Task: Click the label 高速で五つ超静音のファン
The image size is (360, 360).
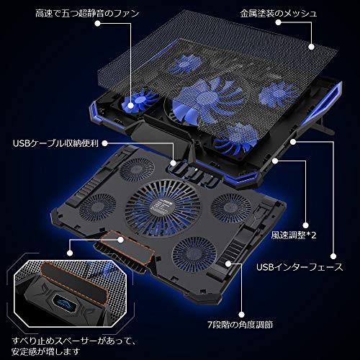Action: click(87, 13)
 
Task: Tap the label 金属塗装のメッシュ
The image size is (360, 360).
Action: click(279, 13)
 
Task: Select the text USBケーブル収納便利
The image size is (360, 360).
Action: click(55, 143)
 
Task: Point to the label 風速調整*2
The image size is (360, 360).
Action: click(294, 235)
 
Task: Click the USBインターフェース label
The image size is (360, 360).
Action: click(300, 267)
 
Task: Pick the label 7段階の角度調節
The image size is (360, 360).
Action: click(240, 325)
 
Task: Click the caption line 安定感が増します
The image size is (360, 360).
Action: click(45, 352)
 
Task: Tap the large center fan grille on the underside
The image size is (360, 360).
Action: click(163, 208)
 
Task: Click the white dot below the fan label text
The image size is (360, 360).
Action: click(97, 24)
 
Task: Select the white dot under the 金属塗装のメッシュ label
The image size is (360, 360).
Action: click(278, 22)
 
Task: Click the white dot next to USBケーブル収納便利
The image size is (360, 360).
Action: click(105, 143)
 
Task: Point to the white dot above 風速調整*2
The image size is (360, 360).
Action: click(305, 225)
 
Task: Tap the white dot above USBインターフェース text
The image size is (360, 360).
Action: click(333, 256)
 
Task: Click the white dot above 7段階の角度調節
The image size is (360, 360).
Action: click(242, 315)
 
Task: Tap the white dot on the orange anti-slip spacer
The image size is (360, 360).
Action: click(121, 240)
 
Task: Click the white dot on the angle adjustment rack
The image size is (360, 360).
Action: click(228, 264)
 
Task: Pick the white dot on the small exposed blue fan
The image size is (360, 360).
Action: click(130, 105)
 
